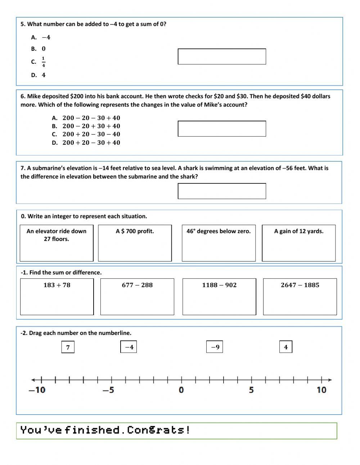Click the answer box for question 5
click(222, 57)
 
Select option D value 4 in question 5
click(44, 75)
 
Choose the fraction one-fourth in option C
click(44, 62)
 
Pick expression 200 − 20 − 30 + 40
click(91, 118)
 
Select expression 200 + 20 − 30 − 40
click(91, 134)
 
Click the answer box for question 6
click(222, 129)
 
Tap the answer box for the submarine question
click(222, 191)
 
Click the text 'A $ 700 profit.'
click(135, 231)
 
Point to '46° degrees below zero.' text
click(218, 231)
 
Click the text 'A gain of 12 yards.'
click(298, 231)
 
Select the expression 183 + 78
click(57, 285)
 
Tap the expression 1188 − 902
click(219, 285)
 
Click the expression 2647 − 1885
click(300, 285)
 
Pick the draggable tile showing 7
click(68, 347)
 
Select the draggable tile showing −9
click(215, 347)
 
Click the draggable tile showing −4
click(129, 347)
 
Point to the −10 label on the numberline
click(37, 390)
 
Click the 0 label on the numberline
click(181, 390)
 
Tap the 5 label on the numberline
click(251, 390)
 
